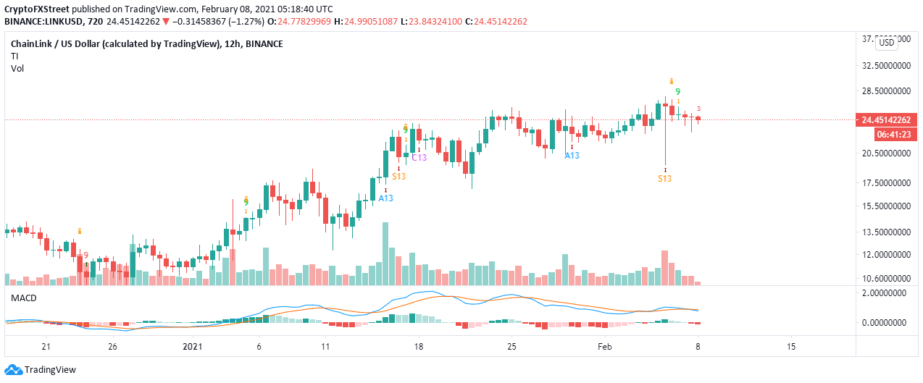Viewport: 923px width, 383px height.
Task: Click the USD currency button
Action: pyautogui.click(x=886, y=43)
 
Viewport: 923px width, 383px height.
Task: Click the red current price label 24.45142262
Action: pyautogui.click(x=885, y=120)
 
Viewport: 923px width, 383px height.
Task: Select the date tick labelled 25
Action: pyautogui.click(x=511, y=347)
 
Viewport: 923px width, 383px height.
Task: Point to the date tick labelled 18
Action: pyautogui.click(x=419, y=347)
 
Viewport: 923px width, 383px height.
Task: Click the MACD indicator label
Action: pyautogui.click(x=24, y=298)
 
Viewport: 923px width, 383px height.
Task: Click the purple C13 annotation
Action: pyautogui.click(x=419, y=157)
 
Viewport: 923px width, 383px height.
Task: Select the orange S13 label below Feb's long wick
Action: pyautogui.click(x=664, y=178)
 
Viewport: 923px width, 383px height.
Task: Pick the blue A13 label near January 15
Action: pyautogui.click(x=385, y=198)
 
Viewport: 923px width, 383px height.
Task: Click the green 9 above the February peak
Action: pyautogui.click(x=677, y=92)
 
